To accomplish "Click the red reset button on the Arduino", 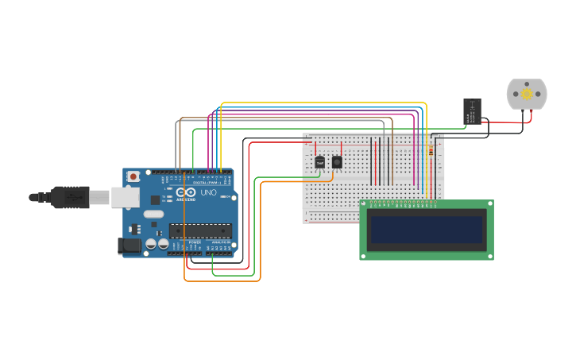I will tap(133, 176).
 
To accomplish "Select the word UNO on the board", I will tap(207, 193).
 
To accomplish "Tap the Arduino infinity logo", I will tap(186, 193).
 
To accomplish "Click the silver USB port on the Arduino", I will tap(124, 197).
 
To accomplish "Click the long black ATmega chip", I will tap(199, 230).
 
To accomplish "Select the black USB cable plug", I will tap(72, 196).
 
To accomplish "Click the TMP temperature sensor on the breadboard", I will tap(319, 162).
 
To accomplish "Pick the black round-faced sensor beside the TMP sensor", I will tap(337, 162).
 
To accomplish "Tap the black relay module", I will tap(472, 110).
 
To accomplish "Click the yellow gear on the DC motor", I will tap(527, 94).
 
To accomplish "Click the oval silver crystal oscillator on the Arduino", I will tap(153, 214).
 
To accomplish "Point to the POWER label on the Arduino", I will tap(195, 242).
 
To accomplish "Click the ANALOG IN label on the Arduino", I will tap(220, 242).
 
